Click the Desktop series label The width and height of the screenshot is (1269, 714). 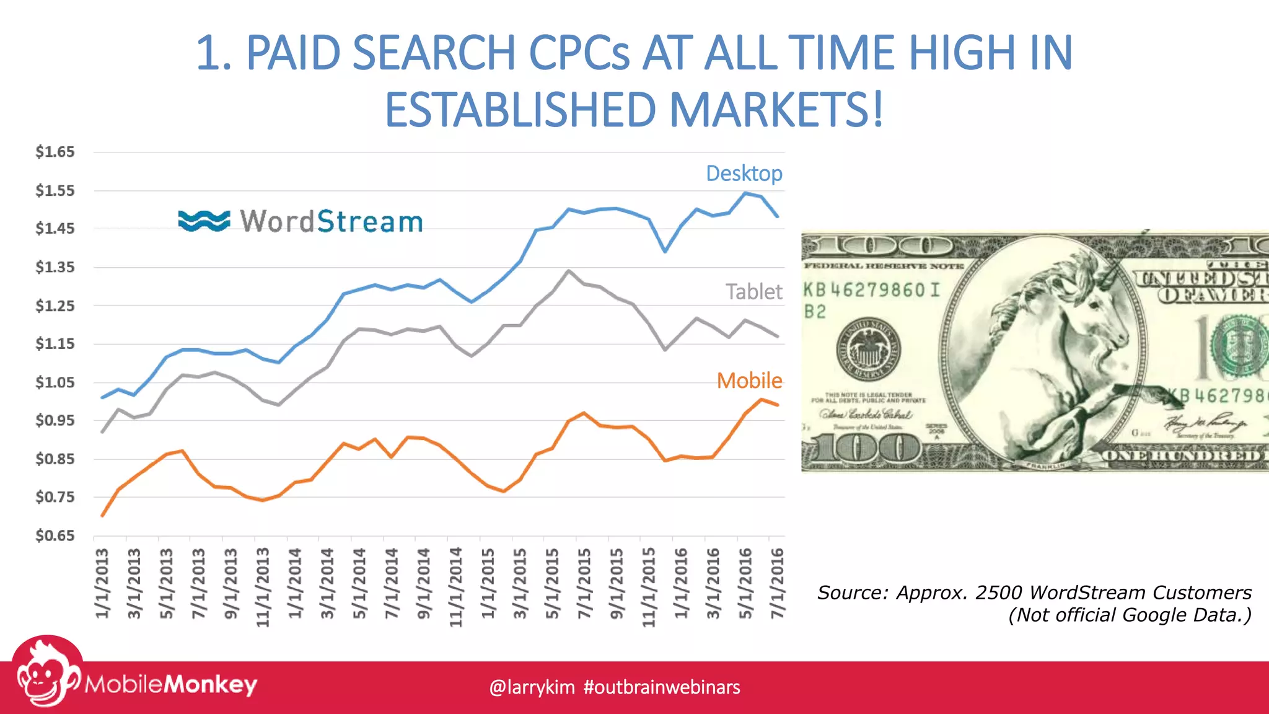pos(744,174)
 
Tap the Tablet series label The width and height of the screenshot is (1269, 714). pos(753,291)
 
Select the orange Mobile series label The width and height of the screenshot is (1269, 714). pos(749,381)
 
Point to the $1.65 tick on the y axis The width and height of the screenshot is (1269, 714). pos(55,152)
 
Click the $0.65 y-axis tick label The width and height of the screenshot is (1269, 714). pos(55,535)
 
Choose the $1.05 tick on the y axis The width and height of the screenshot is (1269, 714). pos(55,382)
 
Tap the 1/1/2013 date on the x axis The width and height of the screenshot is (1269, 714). pos(102,583)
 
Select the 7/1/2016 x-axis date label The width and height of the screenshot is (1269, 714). pos(777,583)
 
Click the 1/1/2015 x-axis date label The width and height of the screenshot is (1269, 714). pos(488,583)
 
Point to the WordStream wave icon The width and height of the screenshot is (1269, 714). pos(204,221)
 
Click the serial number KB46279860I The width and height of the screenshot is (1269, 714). pos(871,290)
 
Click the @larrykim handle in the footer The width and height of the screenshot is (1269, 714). pos(532,687)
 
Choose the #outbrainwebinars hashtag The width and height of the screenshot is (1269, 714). pos(662,687)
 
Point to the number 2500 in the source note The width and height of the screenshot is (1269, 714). pos(999,593)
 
